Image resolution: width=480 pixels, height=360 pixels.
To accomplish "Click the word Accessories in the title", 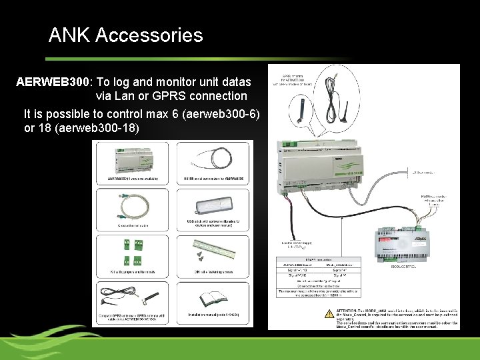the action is coord(149,35).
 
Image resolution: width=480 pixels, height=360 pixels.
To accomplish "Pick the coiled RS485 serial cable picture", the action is coord(214,159).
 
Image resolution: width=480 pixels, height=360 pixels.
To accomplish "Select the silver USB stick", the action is coord(214,207).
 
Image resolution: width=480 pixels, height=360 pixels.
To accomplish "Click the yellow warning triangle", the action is coord(328,312).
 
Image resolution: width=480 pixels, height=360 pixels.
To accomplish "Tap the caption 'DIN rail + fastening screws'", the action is coord(213,271).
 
